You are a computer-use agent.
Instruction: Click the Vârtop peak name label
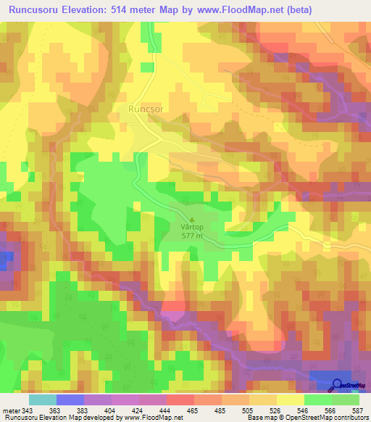[x=192, y=226]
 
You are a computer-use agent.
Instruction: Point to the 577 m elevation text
[x=192, y=236]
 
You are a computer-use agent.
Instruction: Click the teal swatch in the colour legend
[x=43, y=400]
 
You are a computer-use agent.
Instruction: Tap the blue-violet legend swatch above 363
[x=70, y=400]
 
